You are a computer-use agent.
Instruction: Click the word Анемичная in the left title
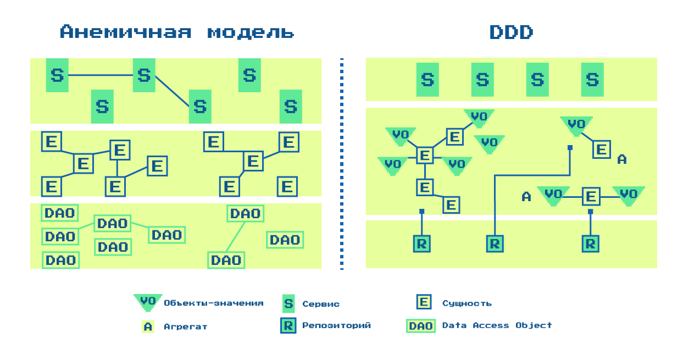126,32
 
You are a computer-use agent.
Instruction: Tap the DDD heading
511,32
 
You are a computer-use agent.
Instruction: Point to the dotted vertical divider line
342,165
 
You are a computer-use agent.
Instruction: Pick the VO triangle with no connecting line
489,143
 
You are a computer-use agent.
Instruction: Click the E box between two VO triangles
591,196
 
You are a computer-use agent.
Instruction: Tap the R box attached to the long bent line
495,243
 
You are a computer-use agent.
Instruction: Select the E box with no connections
287,187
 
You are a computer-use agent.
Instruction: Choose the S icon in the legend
288,303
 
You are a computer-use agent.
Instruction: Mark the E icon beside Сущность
424,302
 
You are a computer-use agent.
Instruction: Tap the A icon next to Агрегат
148,326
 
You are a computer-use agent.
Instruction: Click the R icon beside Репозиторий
288,325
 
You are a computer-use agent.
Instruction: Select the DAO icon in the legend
421,326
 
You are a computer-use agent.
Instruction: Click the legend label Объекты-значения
214,303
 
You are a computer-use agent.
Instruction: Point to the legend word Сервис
321,304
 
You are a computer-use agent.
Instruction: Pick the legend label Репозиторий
336,325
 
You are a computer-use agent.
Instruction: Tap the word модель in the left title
251,32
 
